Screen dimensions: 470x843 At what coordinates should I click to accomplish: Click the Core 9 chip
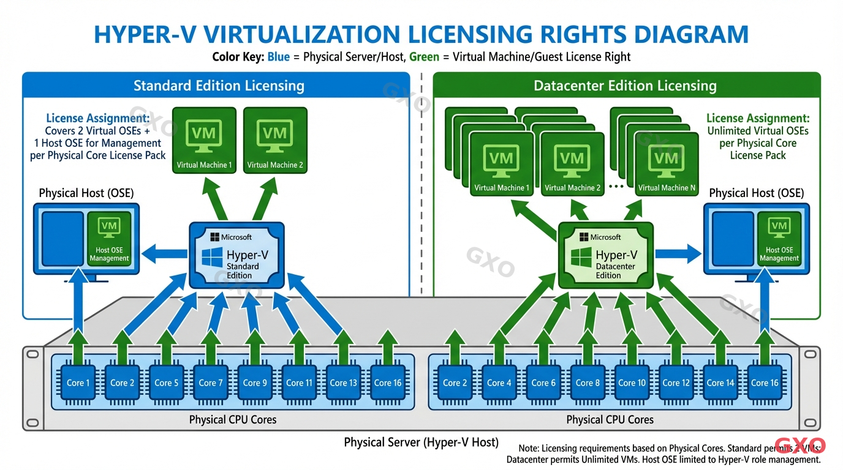click(x=255, y=383)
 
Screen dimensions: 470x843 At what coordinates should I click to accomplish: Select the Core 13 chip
click(x=343, y=383)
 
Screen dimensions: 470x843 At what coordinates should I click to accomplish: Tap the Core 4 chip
click(x=499, y=383)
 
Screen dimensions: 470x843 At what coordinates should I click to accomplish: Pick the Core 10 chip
click(x=632, y=383)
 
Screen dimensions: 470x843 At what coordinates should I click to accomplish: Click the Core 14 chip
click(x=720, y=383)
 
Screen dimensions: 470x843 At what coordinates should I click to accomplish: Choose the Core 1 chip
click(x=78, y=383)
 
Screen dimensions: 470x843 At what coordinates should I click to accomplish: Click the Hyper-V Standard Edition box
click(x=236, y=255)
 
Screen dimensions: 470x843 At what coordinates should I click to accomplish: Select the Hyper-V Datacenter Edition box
click(x=605, y=255)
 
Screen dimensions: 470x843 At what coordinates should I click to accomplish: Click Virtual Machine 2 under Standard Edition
click(x=275, y=141)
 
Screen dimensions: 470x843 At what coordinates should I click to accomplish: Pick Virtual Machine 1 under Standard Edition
click(x=204, y=141)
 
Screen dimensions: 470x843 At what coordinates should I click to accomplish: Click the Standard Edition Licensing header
click(x=219, y=86)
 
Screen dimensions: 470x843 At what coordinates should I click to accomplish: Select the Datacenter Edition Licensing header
click(x=625, y=86)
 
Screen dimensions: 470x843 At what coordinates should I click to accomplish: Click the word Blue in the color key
click(x=278, y=57)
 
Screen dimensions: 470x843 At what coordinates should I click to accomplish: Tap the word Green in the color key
click(x=424, y=57)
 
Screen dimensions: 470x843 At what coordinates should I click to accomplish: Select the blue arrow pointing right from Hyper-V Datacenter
click(x=678, y=253)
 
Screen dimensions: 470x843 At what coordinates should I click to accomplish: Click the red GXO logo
click(x=800, y=446)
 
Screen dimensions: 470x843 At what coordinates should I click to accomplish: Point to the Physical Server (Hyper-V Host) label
click(x=421, y=442)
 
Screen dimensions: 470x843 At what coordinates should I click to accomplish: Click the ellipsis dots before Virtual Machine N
click(x=618, y=185)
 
